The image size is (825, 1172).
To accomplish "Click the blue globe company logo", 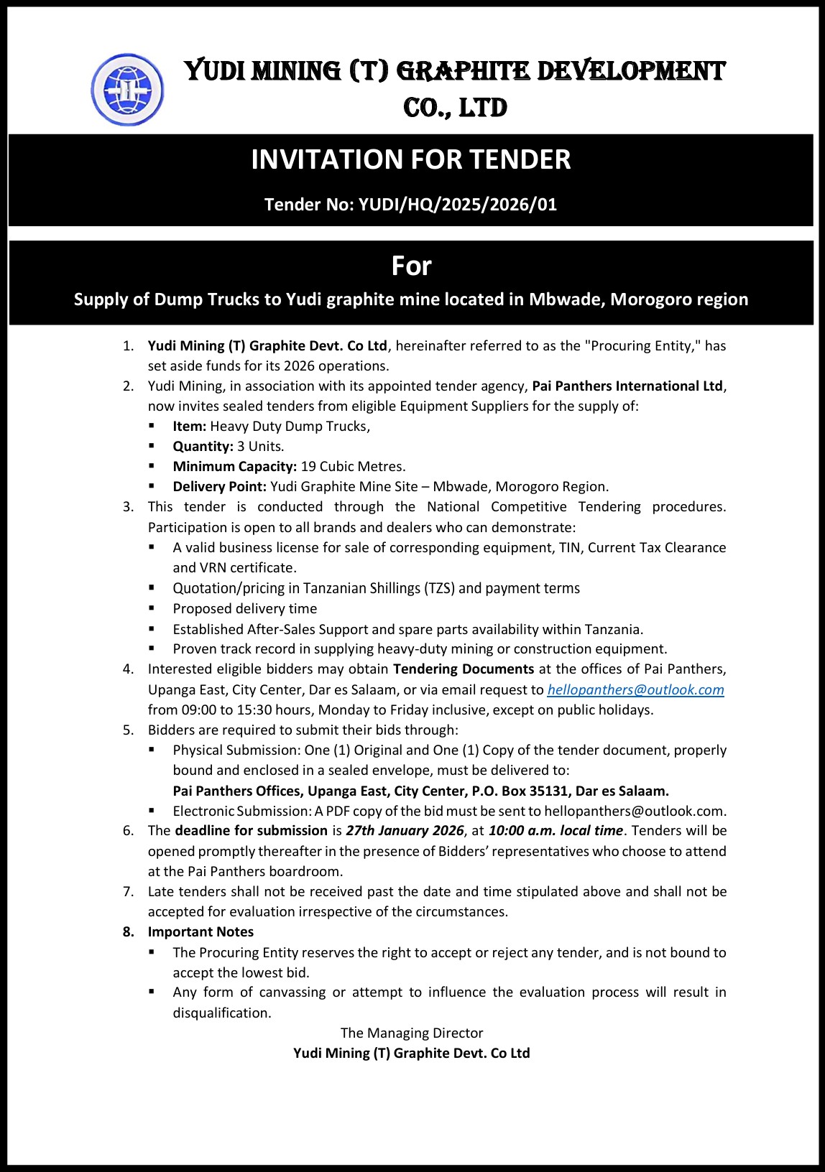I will pyautogui.click(x=127, y=90).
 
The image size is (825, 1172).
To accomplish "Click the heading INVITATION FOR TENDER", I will pyautogui.click(x=411, y=159).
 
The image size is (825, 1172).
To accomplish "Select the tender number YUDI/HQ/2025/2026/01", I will pyautogui.click(x=458, y=205).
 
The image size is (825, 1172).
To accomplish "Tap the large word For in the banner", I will pyautogui.click(x=411, y=266).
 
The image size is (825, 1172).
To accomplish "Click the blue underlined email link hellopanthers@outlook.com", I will pyautogui.click(x=635, y=690).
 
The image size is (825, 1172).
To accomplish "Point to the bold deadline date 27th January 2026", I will pyautogui.click(x=405, y=831).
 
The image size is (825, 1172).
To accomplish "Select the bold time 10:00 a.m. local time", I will pyautogui.click(x=556, y=831).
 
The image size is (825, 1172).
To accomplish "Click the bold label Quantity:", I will pyautogui.click(x=203, y=447).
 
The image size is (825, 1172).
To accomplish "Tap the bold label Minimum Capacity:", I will pyautogui.click(x=235, y=467).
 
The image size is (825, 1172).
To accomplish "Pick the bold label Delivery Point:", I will pyautogui.click(x=220, y=487).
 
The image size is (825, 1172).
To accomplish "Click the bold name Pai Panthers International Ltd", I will pyautogui.click(x=627, y=386).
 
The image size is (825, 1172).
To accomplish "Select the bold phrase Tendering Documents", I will pyautogui.click(x=464, y=669).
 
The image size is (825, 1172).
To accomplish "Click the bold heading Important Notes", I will pyautogui.click(x=201, y=932).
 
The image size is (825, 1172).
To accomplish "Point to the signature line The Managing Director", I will pyautogui.click(x=412, y=1033).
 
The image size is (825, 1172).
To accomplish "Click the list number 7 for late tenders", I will pyautogui.click(x=128, y=892).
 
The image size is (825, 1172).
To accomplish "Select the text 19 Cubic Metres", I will pyautogui.click(x=353, y=467).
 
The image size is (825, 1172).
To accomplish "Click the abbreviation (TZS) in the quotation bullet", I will pyautogui.click(x=439, y=589).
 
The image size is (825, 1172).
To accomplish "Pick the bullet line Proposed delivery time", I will pyautogui.click(x=245, y=609).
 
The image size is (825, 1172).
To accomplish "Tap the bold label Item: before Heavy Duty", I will pyautogui.click(x=190, y=427).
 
